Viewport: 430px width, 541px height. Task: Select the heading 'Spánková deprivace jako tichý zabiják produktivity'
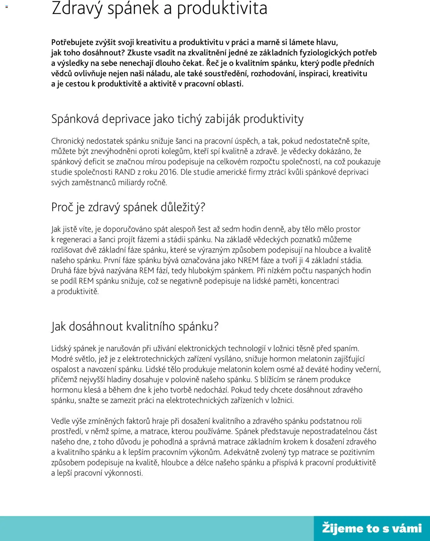(177, 119)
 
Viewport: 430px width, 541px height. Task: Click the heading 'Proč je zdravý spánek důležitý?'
(128, 207)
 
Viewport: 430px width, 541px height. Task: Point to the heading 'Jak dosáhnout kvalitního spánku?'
(135, 326)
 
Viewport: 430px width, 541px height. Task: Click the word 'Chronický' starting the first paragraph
(68, 141)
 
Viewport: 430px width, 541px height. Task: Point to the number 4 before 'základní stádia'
(307, 261)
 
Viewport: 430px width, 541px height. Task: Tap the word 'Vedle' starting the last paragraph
(60, 421)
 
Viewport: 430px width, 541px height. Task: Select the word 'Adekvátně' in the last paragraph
(241, 452)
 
